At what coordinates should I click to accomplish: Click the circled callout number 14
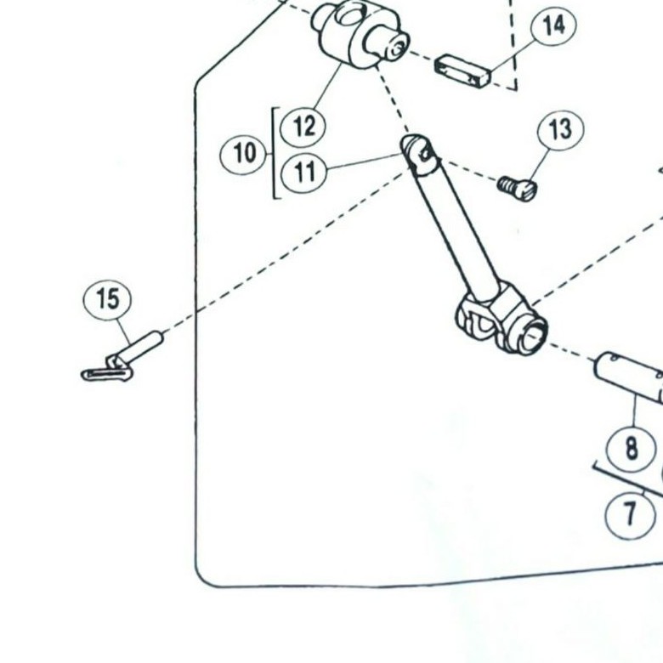[553, 26]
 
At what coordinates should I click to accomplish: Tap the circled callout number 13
[560, 129]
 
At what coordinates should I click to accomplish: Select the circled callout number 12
[303, 127]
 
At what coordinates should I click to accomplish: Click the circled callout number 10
[244, 154]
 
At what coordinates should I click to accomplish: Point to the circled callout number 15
[108, 299]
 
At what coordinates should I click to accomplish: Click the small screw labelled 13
[517, 186]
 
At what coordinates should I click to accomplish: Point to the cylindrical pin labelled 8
[629, 374]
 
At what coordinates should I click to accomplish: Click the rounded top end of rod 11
[417, 150]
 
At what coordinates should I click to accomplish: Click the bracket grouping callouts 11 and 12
[275, 153]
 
